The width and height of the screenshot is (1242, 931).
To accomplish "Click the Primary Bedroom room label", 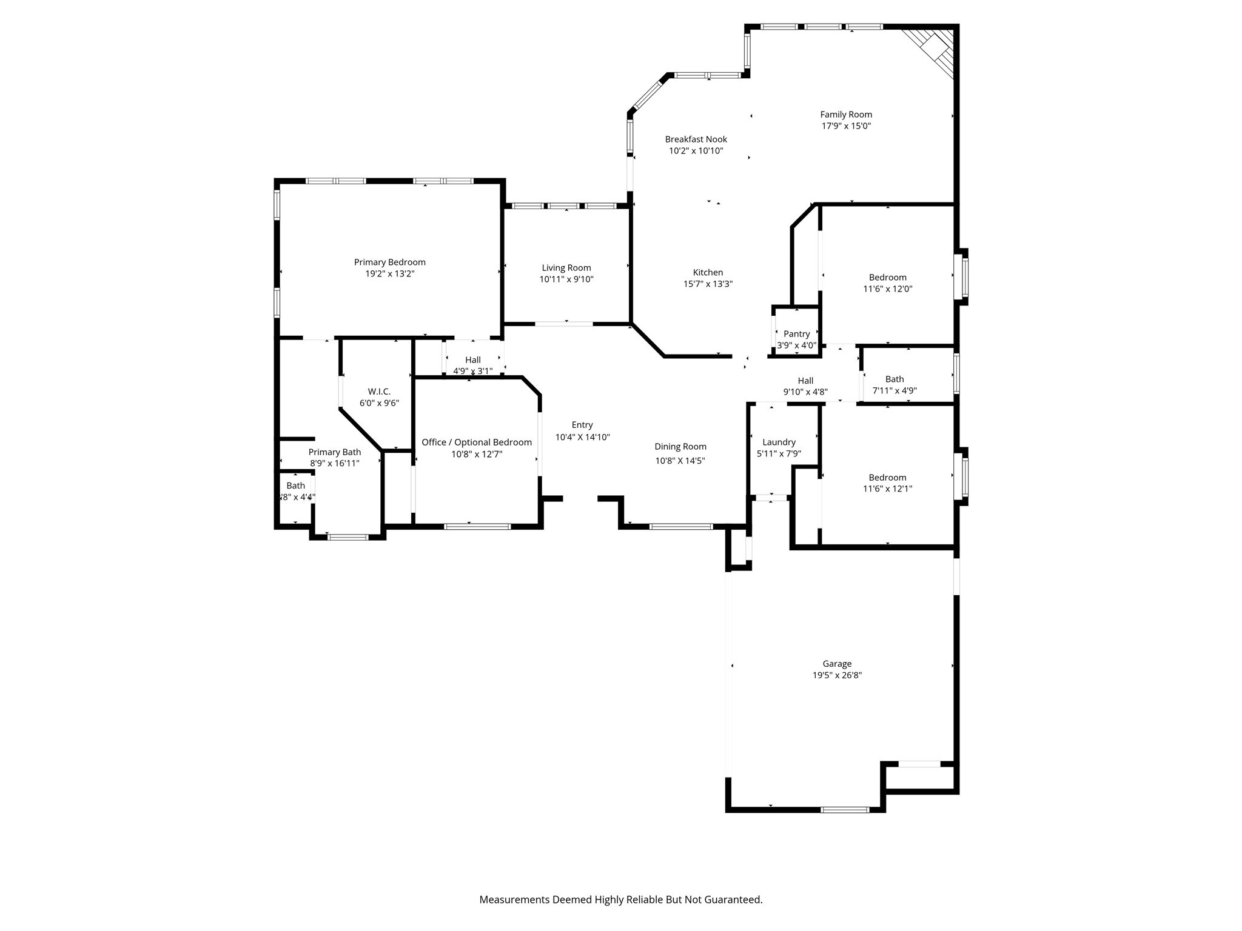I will point(389,262).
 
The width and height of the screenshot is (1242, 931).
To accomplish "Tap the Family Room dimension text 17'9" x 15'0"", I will point(846,126).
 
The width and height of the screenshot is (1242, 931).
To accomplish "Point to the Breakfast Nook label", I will point(696,139).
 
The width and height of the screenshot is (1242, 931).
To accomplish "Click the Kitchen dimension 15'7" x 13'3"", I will point(708,284).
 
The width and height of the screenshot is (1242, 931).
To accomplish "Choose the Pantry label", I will point(796,334).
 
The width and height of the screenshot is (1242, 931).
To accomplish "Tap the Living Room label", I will point(566,268).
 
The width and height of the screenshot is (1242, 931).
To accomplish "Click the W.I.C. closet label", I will point(379,392).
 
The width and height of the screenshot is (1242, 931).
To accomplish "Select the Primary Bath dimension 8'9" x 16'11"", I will point(335,464).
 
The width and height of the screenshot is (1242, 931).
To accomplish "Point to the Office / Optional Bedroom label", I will point(477,442).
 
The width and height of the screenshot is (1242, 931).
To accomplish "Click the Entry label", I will point(582,425).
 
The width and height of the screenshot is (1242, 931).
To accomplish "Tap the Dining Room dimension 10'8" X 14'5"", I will point(680,461).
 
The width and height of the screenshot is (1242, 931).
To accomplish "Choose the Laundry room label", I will point(779,442).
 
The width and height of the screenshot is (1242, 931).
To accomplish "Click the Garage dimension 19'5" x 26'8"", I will point(837,675).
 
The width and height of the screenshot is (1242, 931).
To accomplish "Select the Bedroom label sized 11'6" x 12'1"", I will point(887,478).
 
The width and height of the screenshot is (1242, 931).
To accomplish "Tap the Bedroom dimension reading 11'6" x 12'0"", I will point(887,289).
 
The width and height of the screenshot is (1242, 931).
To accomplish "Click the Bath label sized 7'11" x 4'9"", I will point(894,379).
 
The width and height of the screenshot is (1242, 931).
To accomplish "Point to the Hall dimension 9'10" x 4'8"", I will point(805,392).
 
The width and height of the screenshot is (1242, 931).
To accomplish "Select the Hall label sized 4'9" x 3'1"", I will point(472,360).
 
